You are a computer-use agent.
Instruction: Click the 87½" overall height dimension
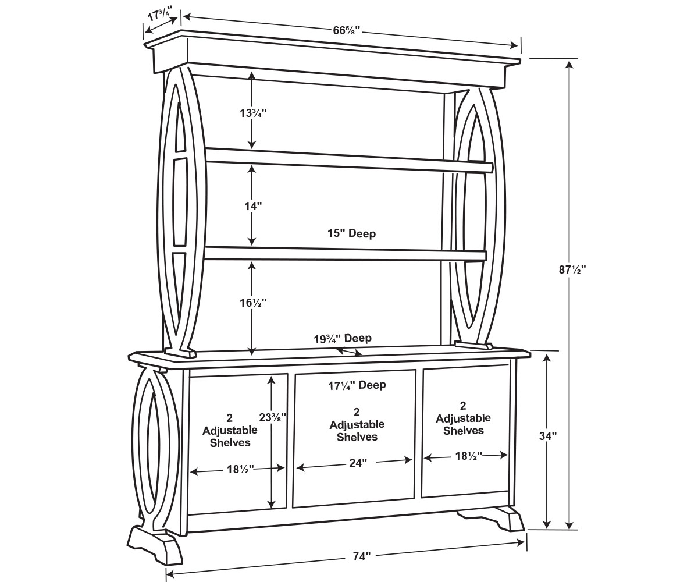point(572,269)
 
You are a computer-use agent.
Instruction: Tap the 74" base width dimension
point(362,556)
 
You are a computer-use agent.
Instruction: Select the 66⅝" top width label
point(346,30)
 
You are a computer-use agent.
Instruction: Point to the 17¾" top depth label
point(160,15)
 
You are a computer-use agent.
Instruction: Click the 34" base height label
point(548,436)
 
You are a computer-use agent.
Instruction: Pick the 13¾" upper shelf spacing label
point(253,113)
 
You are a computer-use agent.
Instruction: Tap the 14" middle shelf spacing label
point(253,207)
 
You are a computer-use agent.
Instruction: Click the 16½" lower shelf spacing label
point(253,303)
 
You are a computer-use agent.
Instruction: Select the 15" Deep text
point(351,233)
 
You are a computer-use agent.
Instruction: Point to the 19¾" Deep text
point(343,339)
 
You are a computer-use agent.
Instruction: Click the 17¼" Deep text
point(357,385)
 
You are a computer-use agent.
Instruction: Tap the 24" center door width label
point(358,463)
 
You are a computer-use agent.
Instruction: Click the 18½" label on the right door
point(469,456)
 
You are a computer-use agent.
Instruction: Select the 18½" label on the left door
point(241,470)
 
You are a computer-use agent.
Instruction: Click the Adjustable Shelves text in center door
point(357,431)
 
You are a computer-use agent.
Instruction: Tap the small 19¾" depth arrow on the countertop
point(349,352)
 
